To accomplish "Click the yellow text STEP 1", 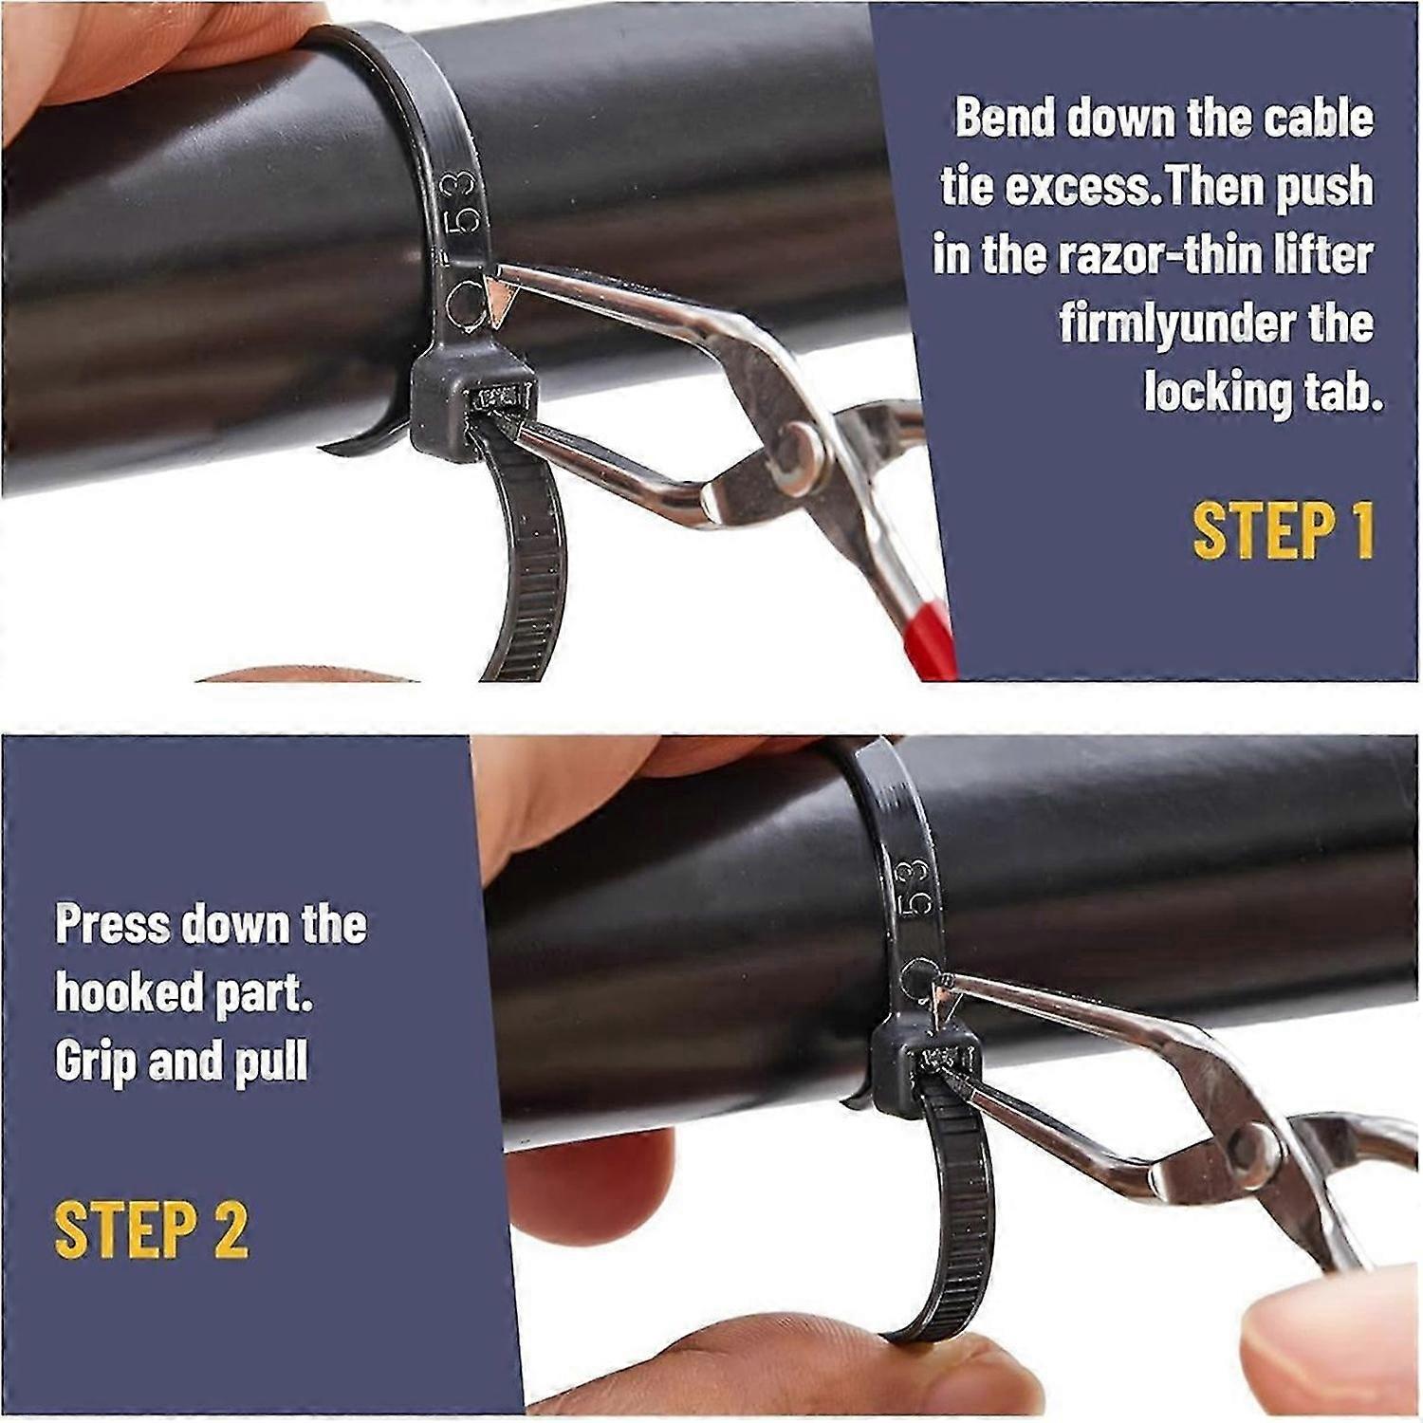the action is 1283,530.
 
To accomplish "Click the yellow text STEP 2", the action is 152,1229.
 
